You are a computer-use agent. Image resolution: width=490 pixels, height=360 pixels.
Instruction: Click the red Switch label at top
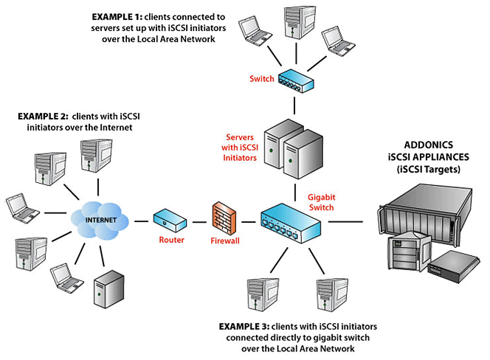tap(261, 79)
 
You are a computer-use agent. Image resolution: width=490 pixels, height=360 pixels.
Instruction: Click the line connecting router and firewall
tap(198, 220)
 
